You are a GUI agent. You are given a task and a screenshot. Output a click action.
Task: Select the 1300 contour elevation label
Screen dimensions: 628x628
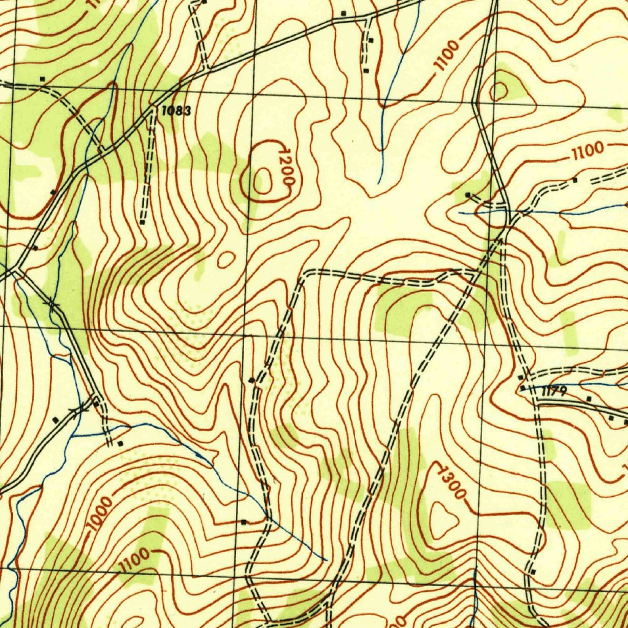point(452,481)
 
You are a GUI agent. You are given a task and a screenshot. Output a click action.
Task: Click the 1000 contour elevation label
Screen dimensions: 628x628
point(100,515)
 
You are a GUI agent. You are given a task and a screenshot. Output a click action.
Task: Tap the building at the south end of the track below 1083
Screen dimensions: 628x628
point(142,222)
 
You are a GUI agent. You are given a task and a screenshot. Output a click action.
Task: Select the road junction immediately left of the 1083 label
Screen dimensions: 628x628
point(152,112)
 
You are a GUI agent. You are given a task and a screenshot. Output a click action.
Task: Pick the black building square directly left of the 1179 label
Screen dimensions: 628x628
point(523,388)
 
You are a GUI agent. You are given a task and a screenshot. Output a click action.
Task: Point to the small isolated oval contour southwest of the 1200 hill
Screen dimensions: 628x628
point(226,259)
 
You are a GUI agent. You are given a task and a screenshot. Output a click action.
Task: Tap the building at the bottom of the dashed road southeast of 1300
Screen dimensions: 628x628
point(532,572)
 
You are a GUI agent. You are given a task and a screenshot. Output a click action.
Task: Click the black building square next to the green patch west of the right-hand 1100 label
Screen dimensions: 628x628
point(468,195)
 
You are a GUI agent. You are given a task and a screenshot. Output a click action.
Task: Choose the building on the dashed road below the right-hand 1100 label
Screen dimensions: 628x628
point(575,180)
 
